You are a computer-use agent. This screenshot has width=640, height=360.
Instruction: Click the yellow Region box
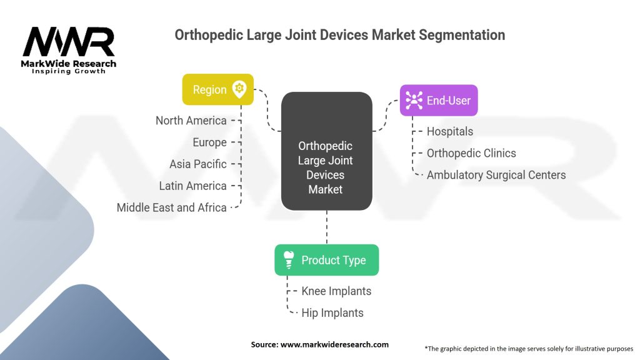[217, 89]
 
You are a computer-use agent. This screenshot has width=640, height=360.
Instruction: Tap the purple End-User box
[439, 100]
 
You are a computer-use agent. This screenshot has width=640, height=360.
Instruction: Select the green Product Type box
[326, 260]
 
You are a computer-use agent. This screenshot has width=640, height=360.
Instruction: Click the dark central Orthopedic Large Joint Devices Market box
[326, 151]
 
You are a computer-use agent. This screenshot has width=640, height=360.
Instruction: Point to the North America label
[191, 121]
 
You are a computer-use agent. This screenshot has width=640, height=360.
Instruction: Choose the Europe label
[209, 142]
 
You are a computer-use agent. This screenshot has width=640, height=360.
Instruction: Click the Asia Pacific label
[197, 164]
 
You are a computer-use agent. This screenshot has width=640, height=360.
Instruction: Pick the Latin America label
[192, 186]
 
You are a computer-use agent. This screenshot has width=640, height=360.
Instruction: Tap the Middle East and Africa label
[171, 207]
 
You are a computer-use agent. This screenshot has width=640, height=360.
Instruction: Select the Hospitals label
[449, 131]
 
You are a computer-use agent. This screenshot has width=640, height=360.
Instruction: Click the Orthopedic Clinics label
[471, 153]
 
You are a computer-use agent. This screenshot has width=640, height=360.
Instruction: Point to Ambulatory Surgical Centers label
[496, 175]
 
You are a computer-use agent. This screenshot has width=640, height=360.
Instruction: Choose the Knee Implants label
[336, 291]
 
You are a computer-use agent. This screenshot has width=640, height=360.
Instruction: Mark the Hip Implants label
[332, 312]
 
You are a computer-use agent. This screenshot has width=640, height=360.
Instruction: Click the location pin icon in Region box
[239, 89]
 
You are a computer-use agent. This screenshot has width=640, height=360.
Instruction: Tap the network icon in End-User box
[413, 100]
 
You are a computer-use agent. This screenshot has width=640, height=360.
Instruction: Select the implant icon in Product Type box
[289, 260]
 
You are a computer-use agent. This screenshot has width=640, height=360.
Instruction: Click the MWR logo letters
[69, 42]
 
